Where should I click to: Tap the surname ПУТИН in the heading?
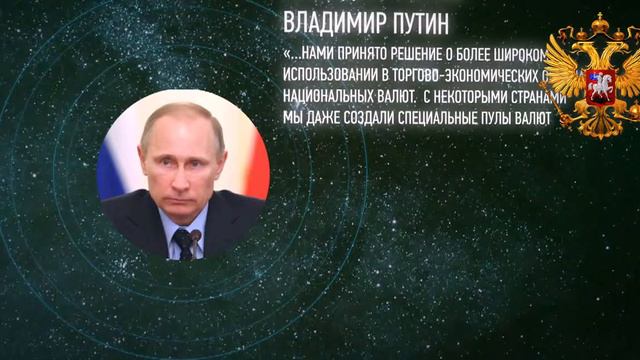419,22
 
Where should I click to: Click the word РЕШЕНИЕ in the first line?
430,53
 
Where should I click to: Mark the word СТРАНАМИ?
541,97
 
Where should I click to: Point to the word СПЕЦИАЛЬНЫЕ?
451,119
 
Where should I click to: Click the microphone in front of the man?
195,237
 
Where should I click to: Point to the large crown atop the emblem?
600,24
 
